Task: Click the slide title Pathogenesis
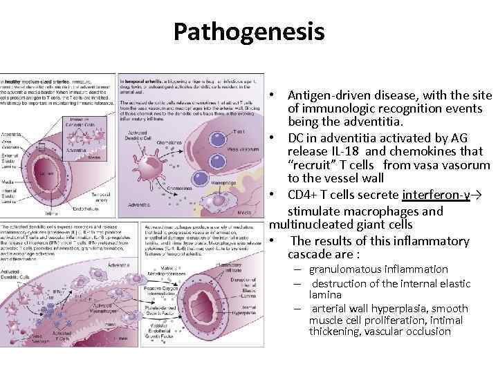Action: pos(248,31)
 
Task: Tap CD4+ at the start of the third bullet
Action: pos(304,195)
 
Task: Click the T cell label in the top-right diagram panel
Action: pos(220,131)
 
